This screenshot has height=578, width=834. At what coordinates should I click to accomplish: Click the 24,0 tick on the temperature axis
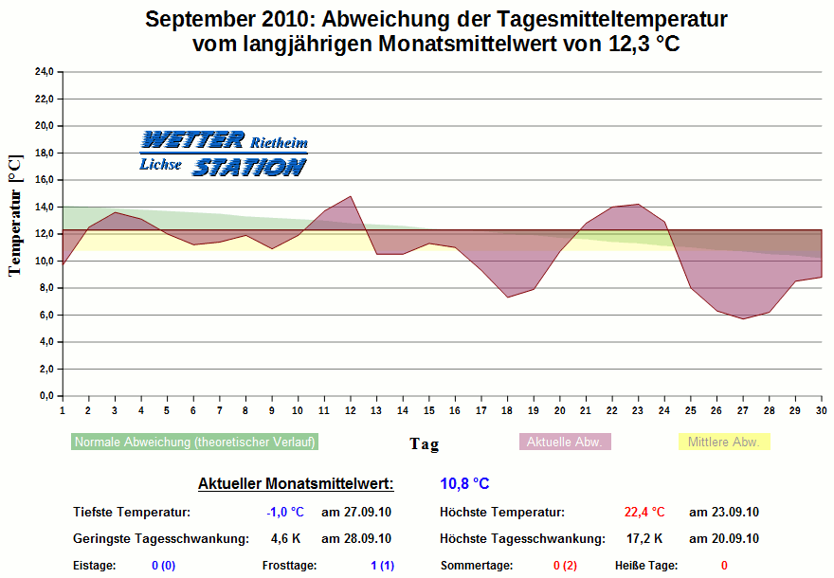(x=44, y=71)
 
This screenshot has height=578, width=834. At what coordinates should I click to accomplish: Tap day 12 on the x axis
(x=351, y=409)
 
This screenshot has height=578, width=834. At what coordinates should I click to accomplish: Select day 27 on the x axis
(x=743, y=409)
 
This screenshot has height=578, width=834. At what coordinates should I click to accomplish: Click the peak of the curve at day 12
(x=351, y=197)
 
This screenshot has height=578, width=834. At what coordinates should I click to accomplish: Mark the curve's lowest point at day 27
(x=743, y=318)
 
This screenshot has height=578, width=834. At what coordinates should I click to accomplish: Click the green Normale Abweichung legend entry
(x=194, y=443)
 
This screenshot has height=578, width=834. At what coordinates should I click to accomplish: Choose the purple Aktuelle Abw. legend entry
(x=566, y=443)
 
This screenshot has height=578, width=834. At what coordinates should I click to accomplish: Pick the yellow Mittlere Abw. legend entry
(x=724, y=443)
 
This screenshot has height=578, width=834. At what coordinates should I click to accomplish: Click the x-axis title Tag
(x=424, y=443)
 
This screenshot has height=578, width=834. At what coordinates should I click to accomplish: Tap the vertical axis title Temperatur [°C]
(x=15, y=217)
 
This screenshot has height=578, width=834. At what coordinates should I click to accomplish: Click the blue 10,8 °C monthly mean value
(x=464, y=484)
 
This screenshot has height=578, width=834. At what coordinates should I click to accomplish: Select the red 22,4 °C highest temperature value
(x=644, y=513)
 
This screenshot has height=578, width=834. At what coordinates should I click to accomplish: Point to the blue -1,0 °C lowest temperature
(x=285, y=513)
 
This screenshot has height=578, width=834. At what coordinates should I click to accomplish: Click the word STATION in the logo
(x=249, y=168)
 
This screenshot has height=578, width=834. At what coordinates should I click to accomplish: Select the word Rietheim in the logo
(x=279, y=143)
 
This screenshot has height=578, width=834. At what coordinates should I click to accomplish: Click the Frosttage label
(x=289, y=566)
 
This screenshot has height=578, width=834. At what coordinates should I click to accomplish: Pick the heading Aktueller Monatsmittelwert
(x=296, y=484)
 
